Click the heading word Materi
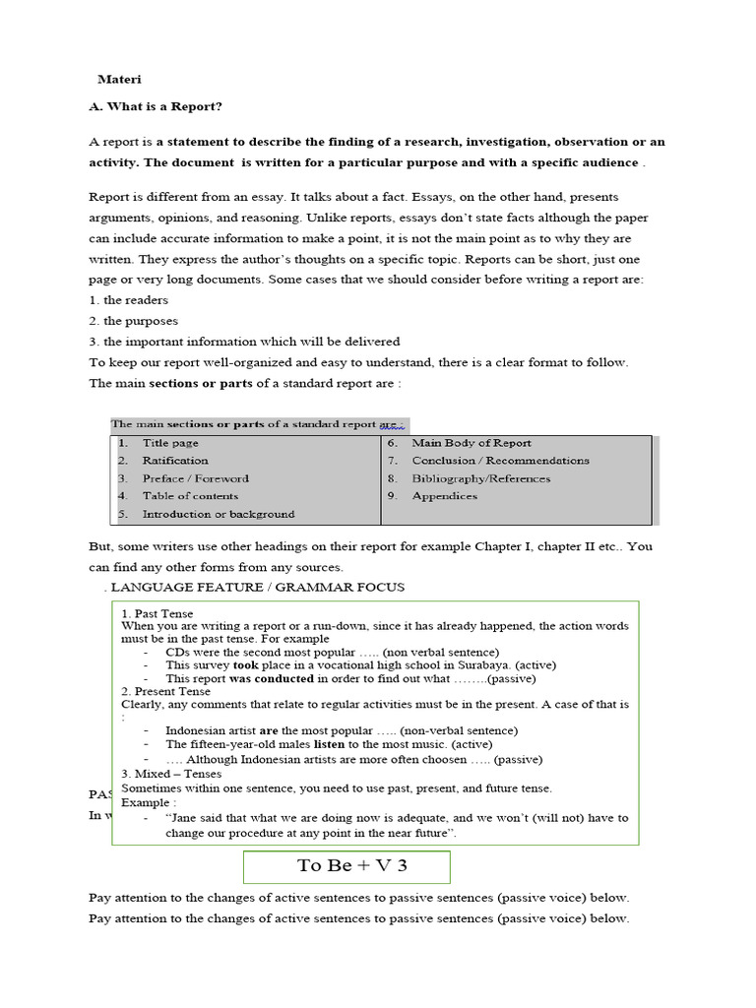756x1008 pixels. click(118, 79)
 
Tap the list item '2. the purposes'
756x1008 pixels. click(133, 321)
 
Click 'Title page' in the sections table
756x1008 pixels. click(170, 443)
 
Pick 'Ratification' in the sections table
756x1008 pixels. click(175, 461)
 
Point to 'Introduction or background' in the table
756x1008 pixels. click(218, 514)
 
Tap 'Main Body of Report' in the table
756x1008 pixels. click(472, 443)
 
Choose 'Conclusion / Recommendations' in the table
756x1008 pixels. click(500, 461)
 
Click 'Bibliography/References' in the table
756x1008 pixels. click(481, 478)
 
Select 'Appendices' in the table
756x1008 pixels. click(444, 496)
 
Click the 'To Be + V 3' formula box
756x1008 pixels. click(346, 867)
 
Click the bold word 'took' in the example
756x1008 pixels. click(245, 665)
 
